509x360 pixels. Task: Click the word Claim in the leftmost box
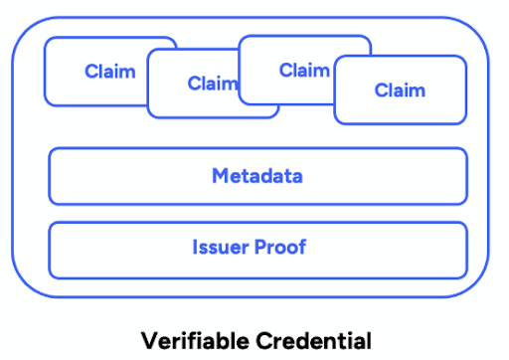point(109,72)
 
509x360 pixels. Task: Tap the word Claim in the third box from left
point(304,71)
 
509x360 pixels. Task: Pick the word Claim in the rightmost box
point(400,90)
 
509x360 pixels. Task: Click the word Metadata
point(256,177)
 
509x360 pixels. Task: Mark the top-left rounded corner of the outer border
point(22,29)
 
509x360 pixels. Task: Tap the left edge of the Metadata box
point(49,177)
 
